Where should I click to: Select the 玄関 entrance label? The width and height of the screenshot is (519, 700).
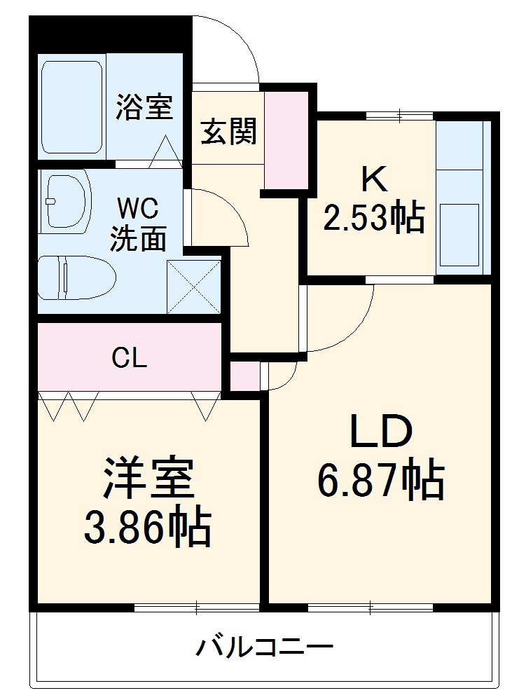[x=228, y=130]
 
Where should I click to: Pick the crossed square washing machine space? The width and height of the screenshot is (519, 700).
[x=194, y=286]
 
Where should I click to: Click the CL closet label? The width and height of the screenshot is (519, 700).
[x=130, y=358]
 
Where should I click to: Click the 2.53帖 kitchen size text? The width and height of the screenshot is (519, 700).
[x=373, y=219]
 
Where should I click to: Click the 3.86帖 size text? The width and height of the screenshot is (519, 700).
[x=148, y=528]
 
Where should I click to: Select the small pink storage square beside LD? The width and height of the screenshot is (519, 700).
[x=244, y=376]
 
